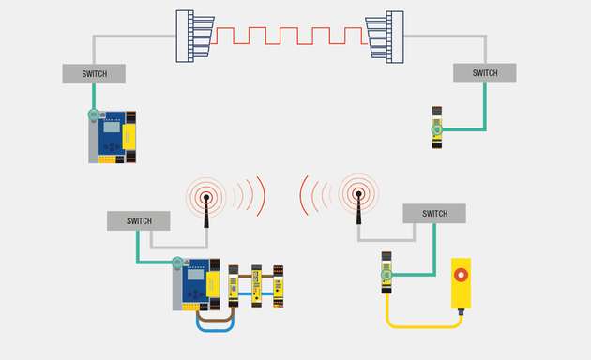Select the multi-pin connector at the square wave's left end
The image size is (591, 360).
point(194,37)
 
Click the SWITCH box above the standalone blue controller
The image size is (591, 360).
point(94,73)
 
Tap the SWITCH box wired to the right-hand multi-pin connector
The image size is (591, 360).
point(484,73)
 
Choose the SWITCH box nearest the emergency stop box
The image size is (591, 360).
point(434,214)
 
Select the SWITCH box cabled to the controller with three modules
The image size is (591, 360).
point(139,221)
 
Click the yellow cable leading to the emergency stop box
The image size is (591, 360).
point(422,324)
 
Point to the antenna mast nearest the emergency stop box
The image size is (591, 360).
point(357,210)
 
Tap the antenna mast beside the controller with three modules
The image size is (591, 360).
point(205,212)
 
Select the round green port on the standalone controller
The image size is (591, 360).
point(94,115)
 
